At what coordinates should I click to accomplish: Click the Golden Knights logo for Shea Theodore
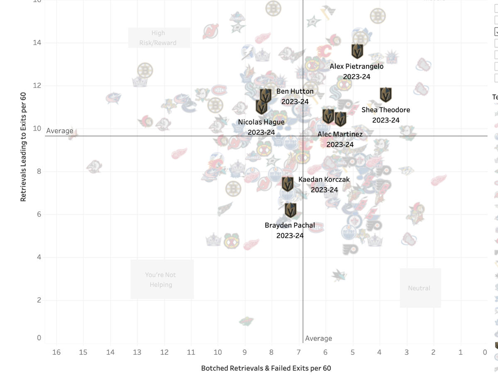(x=386, y=95)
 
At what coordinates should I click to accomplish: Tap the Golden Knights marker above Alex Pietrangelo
(x=357, y=51)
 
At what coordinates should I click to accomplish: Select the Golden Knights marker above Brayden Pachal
(x=290, y=210)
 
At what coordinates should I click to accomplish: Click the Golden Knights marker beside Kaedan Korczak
(x=288, y=183)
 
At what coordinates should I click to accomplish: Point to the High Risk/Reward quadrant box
(x=158, y=38)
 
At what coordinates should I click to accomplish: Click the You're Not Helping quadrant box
(x=161, y=280)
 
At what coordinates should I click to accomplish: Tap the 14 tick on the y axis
(x=37, y=43)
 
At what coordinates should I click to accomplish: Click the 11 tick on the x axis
(x=191, y=353)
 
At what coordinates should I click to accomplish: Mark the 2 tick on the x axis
(x=433, y=353)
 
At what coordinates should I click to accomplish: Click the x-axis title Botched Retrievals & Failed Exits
(x=266, y=368)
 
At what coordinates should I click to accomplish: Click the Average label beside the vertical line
(x=318, y=338)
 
